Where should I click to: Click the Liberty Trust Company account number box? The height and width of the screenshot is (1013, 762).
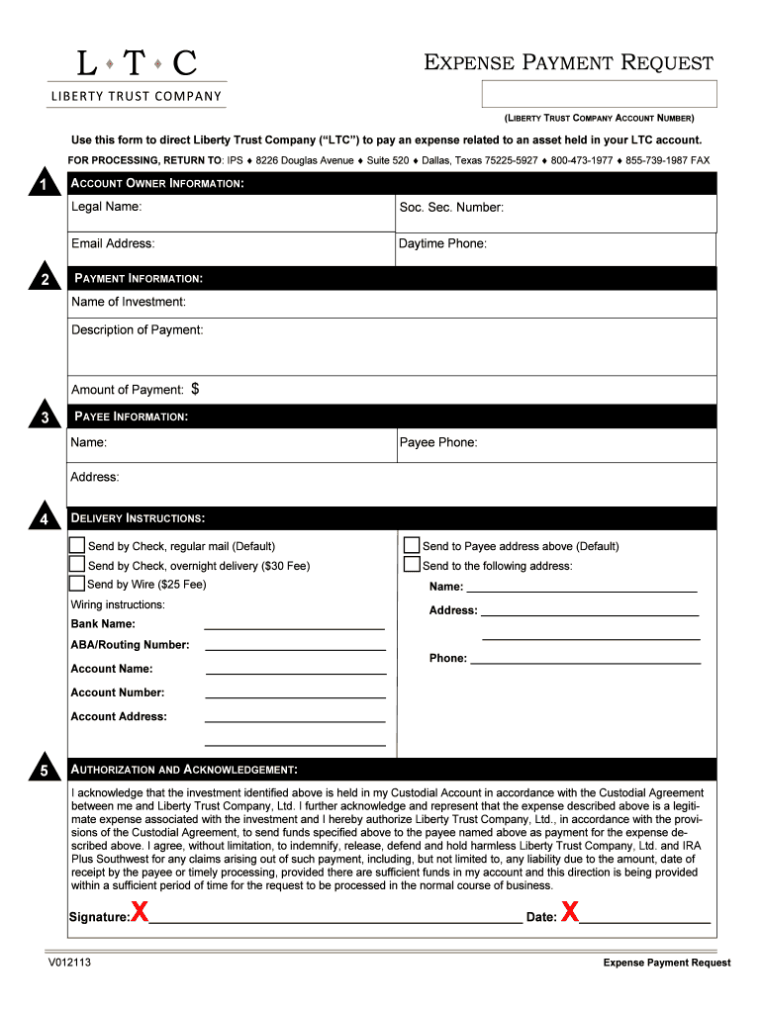pyautogui.click(x=599, y=94)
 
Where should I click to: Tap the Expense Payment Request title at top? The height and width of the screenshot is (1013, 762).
pyautogui.click(x=568, y=63)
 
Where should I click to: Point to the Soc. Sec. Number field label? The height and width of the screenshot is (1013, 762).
pyautogui.click(x=451, y=208)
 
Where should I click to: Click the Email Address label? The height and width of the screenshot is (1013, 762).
pyautogui.click(x=113, y=243)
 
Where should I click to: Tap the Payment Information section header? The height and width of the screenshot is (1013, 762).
pyautogui.click(x=139, y=279)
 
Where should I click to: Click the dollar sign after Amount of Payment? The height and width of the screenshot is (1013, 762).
pyautogui.click(x=195, y=389)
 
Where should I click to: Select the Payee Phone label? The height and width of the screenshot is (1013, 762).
pyautogui.click(x=437, y=442)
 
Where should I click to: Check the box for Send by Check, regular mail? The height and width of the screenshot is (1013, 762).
pyautogui.click(x=77, y=545)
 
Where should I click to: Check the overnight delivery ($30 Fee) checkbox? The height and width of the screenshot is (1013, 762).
pyautogui.click(x=77, y=565)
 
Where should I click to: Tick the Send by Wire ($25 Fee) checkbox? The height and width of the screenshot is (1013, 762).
pyautogui.click(x=77, y=584)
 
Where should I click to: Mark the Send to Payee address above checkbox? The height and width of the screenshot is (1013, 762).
pyautogui.click(x=412, y=545)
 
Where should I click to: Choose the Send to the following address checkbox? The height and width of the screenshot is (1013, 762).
pyautogui.click(x=412, y=565)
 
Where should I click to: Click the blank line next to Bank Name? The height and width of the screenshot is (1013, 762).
pyautogui.click(x=294, y=626)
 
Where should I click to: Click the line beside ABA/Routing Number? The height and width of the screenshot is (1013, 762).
pyautogui.click(x=295, y=648)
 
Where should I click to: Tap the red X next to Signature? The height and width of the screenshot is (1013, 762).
pyautogui.click(x=141, y=913)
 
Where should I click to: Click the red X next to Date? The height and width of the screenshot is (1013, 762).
pyautogui.click(x=570, y=913)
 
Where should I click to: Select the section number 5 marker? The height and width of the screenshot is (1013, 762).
pyautogui.click(x=44, y=771)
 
